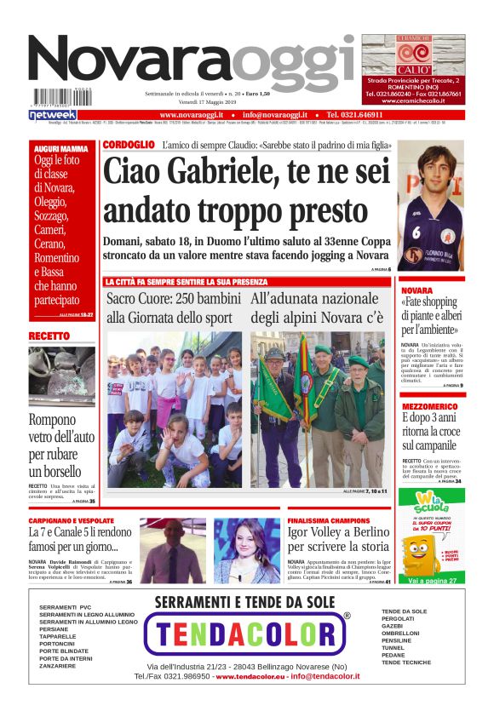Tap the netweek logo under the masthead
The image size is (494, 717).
click(x=53, y=114)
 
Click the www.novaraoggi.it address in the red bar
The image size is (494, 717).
click(x=191, y=114)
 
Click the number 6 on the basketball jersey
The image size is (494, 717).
click(x=417, y=232)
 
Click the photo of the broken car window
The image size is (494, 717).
click(x=61, y=376)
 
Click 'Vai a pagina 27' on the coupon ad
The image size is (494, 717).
click(x=432, y=580)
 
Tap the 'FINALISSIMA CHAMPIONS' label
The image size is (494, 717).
click(x=328, y=519)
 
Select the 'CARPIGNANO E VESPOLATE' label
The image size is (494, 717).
click(x=71, y=519)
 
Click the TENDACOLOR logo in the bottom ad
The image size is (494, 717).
click(x=247, y=634)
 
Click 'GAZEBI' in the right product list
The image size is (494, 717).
click(x=393, y=626)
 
